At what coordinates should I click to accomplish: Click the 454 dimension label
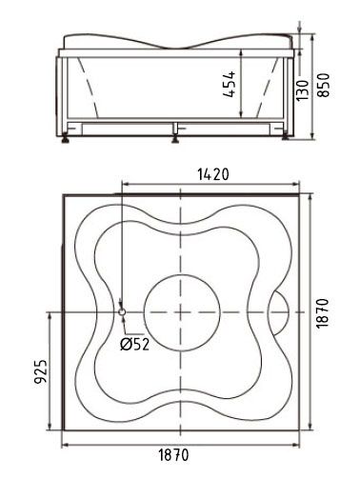coord(230,84)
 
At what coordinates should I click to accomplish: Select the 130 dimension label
coord(303,90)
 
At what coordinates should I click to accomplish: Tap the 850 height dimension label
coord(324,85)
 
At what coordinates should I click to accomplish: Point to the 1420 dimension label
coord(213,174)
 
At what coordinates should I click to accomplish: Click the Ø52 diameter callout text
coord(134,344)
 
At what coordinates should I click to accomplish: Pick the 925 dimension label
coord(41,371)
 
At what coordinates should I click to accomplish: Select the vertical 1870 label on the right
coord(323,313)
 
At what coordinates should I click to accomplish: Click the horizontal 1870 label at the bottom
coord(173,455)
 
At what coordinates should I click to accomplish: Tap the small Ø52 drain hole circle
coord(122,312)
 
